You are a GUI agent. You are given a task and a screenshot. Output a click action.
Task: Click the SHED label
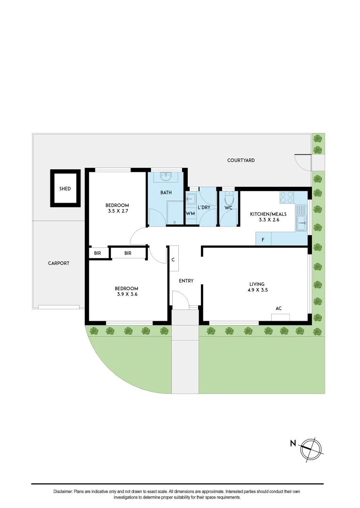coord(65,189)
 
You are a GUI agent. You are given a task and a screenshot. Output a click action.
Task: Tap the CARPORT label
coord(59,263)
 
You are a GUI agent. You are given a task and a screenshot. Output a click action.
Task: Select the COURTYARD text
coord(241,160)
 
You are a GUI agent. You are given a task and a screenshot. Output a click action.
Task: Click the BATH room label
coord(166,192)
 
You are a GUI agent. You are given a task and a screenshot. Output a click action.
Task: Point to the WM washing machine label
coord(191,214)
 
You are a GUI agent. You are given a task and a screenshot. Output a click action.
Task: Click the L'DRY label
coord(204,207)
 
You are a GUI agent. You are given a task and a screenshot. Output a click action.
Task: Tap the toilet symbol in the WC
coord(229,197)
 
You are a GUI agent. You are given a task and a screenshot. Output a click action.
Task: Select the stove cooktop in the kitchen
coord(287,197)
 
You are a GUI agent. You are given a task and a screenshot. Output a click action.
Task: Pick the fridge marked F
coord(263,239)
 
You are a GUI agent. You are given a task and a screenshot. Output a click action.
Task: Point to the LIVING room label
coord(257,284)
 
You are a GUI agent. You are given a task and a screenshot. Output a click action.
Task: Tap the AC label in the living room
coord(279,309)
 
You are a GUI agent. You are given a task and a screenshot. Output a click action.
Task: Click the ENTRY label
coord(186,281)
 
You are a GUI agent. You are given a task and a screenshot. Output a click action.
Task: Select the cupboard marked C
coord(173,259)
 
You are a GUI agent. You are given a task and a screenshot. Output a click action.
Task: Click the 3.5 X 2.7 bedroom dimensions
coord(117,212)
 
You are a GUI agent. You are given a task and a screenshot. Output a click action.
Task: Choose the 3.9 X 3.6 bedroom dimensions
coord(127,294)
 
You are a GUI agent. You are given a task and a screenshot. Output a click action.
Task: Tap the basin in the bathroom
coord(166,176)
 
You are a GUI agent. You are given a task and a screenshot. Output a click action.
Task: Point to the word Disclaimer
coord(63,492)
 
